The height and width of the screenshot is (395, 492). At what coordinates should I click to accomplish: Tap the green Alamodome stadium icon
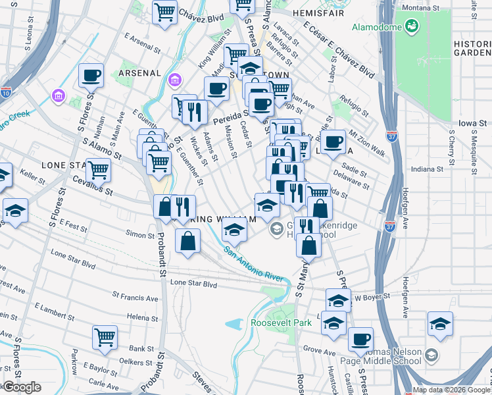tap(412, 26)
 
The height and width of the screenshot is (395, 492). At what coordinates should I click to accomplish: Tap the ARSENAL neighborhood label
tap(141, 72)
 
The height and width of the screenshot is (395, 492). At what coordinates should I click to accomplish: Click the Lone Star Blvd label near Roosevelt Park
tap(193, 284)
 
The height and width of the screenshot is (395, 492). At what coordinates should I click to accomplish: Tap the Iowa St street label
tap(473, 122)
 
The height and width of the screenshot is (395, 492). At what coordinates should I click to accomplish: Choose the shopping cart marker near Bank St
tap(105, 337)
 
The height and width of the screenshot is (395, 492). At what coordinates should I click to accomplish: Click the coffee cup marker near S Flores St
tap(91, 75)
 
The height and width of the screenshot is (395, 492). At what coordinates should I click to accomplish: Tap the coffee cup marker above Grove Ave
tap(360, 339)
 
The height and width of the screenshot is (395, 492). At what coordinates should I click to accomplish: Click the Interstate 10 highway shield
tap(6, 93)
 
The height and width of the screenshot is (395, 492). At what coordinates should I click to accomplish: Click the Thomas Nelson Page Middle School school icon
tap(431, 355)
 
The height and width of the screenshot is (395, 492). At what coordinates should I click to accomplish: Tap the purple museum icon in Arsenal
tap(175, 80)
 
